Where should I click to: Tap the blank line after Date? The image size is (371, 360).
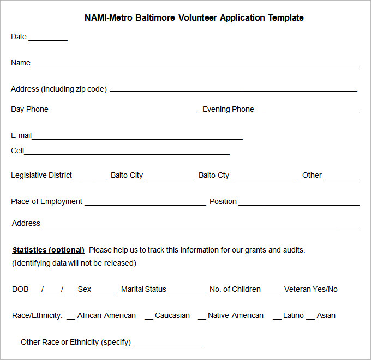[x=48, y=39]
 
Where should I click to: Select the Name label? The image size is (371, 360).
[x=21, y=63]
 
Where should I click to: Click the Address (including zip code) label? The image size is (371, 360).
[x=59, y=89]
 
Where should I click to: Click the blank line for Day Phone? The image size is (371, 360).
[x=123, y=112]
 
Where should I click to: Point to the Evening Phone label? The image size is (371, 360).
[x=228, y=109]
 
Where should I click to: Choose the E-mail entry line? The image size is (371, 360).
[x=137, y=137]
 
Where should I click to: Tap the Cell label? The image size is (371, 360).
[x=17, y=151]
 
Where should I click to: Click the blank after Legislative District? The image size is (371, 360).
[x=89, y=178]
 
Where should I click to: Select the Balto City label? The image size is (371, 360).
[x=127, y=175]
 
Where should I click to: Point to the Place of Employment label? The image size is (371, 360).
[x=46, y=201]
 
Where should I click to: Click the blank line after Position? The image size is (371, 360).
[x=298, y=204]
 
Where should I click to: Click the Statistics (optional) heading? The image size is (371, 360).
[x=48, y=250]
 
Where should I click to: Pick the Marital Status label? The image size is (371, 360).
[x=143, y=289]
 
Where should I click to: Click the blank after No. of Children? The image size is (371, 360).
[x=272, y=292]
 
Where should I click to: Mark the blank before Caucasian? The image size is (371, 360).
[x=148, y=317]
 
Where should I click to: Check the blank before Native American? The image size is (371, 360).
[x=201, y=317]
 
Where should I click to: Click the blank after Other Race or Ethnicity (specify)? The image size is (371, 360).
[x=167, y=345]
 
